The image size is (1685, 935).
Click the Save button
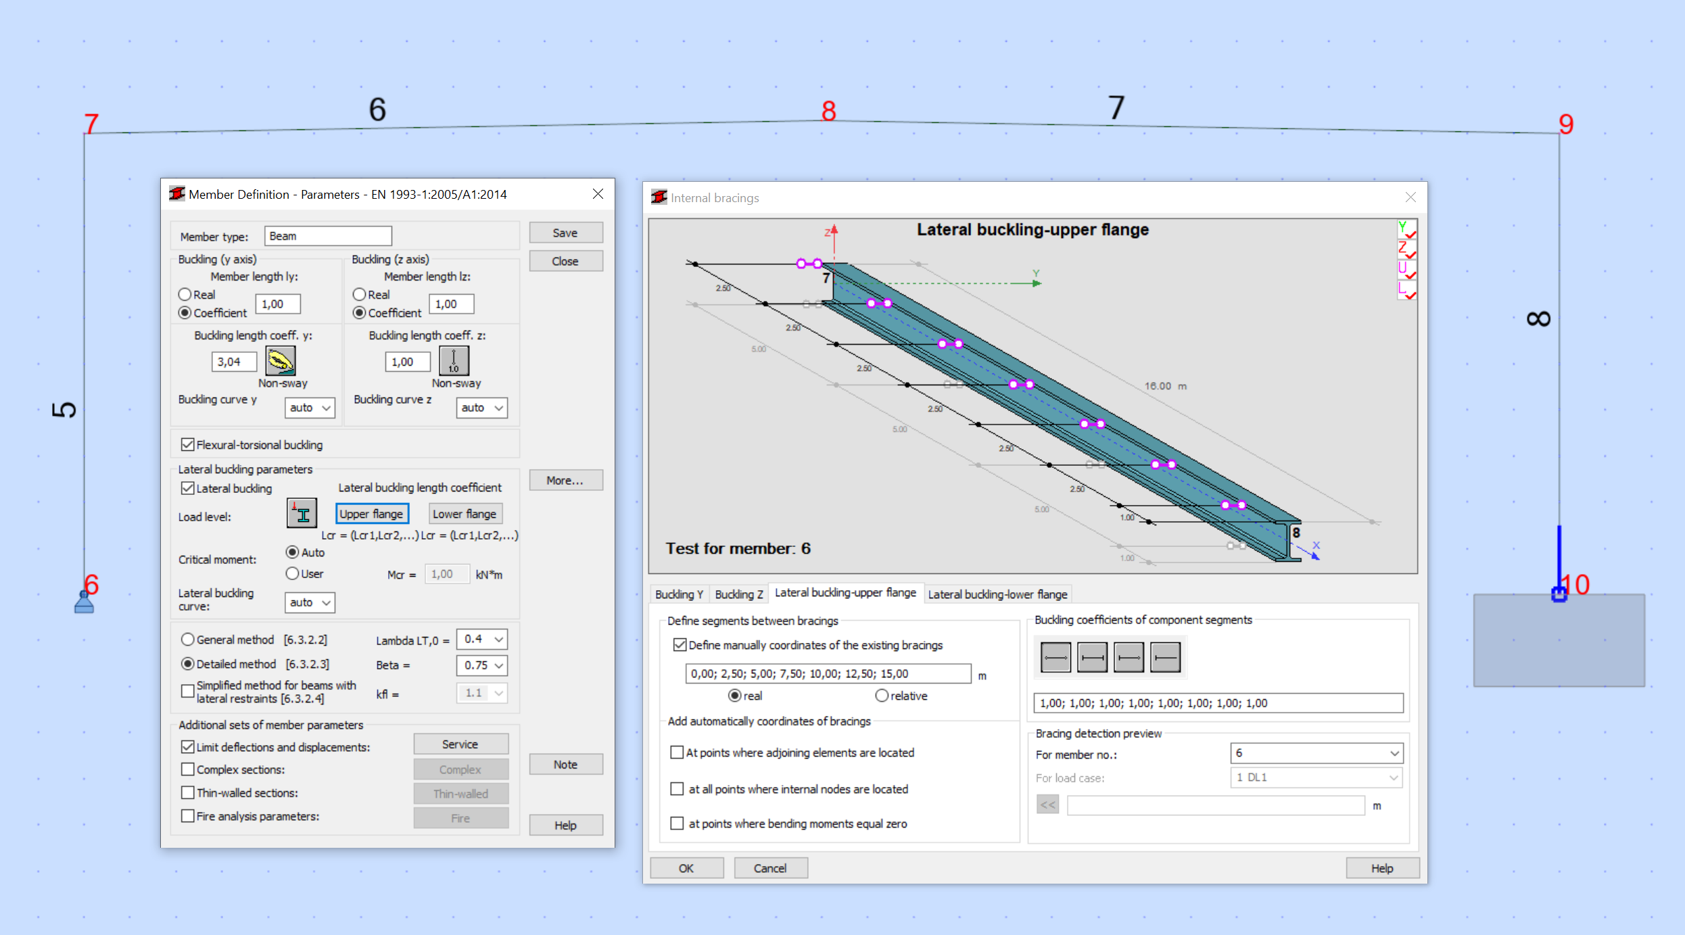tap(565, 233)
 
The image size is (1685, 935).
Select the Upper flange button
tap(372, 514)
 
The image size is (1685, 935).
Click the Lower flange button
tap(465, 514)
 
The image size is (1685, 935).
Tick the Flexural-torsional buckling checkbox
tap(188, 445)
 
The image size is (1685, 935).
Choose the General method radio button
tap(188, 640)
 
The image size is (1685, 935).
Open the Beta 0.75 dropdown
tap(482, 665)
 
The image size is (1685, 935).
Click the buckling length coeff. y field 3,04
tap(234, 362)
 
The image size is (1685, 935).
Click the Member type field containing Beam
tap(327, 236)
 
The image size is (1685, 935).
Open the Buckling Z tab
tap(738, 594)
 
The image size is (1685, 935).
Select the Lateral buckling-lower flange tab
tap(997, 594)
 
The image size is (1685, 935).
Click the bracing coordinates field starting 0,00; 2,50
tap(828, 673)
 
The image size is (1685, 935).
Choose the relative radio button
tap(882, 696)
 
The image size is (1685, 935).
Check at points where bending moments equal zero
tap(677, 823)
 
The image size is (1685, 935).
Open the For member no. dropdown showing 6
tap(1316, 752)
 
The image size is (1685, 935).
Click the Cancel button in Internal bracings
tap(770, 868)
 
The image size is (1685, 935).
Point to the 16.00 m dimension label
tap(1164, 386)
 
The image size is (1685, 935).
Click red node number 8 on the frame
tap(828, 111)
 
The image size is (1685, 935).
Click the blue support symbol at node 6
tap(84, 602)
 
